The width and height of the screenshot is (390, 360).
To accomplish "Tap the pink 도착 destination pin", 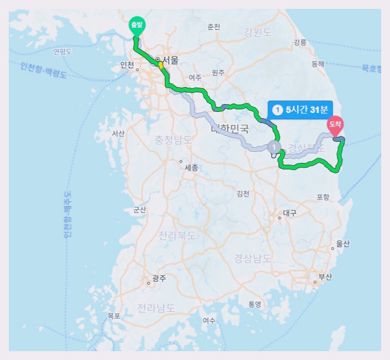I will tap(335, 125).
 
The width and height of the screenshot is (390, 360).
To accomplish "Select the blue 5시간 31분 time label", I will tap(300, 109).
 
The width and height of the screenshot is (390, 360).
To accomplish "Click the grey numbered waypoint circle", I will tap(274, 147).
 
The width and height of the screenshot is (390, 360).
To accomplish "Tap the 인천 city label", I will tap(127, 65).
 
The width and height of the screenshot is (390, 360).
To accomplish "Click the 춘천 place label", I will tap(214, 26).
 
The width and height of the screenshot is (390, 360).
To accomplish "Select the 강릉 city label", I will tap(300, 42).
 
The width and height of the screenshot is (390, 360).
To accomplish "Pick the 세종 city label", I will tap(191, 167).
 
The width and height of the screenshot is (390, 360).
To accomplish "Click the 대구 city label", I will tap(289, 213).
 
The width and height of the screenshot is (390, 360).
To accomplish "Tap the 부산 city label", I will tap(325, 276).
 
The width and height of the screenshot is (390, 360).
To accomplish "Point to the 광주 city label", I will tap(159, 278).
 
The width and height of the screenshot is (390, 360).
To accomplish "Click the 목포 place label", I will tap(114, 316).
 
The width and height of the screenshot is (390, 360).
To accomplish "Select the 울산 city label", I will tap(342, 244).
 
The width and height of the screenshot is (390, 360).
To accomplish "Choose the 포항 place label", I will tap(323, 197).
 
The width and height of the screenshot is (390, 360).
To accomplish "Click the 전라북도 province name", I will tap(177, 236).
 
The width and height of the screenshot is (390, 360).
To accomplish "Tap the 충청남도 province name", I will tap(174, 140).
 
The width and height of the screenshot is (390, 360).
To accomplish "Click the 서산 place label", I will tap(118, 134).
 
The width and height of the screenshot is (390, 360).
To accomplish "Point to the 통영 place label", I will tap(254, 304).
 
